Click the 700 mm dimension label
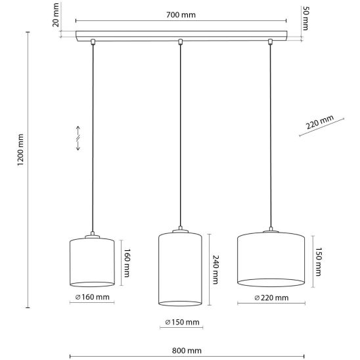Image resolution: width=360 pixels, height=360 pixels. pyautogui.click(x=181, y=15)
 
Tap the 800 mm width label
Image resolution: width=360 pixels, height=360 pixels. pyautogui.click(x=187, y=351)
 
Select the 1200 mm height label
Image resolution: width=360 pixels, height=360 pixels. pyautogui.click(x=20, y=150)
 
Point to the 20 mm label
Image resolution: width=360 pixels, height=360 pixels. pyautogui.click(x=56, y=15)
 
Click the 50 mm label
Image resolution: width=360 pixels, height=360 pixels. pyautogui.click(x=305, y=18)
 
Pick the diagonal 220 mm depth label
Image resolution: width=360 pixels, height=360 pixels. pyautogui.click(x=319, y=122)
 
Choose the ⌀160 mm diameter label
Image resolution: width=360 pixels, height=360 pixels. pyautogui.click(x=92, y=297)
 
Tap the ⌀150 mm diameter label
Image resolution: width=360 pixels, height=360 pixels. pyautogui.click(x=182, y=323)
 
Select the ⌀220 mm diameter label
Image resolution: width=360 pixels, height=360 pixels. pyautogui.click(x=271, y=298)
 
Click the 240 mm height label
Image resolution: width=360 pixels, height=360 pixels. pyautogui.click(x=215, y=269)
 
